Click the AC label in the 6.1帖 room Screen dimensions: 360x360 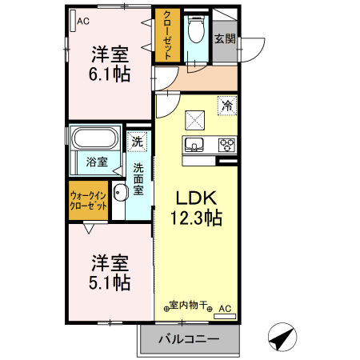(82, 21)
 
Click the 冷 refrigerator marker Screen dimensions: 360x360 (227, 105)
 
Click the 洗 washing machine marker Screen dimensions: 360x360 (138, 142)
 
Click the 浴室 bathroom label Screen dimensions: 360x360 (97, 162)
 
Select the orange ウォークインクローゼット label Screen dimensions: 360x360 (88, 200)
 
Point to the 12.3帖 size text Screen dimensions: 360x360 (195, 217)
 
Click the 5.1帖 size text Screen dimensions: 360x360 (110, 282)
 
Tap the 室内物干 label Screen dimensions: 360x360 (189, 306)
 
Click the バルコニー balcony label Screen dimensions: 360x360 (189, 339)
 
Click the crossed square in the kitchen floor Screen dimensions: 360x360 (197, 119)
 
